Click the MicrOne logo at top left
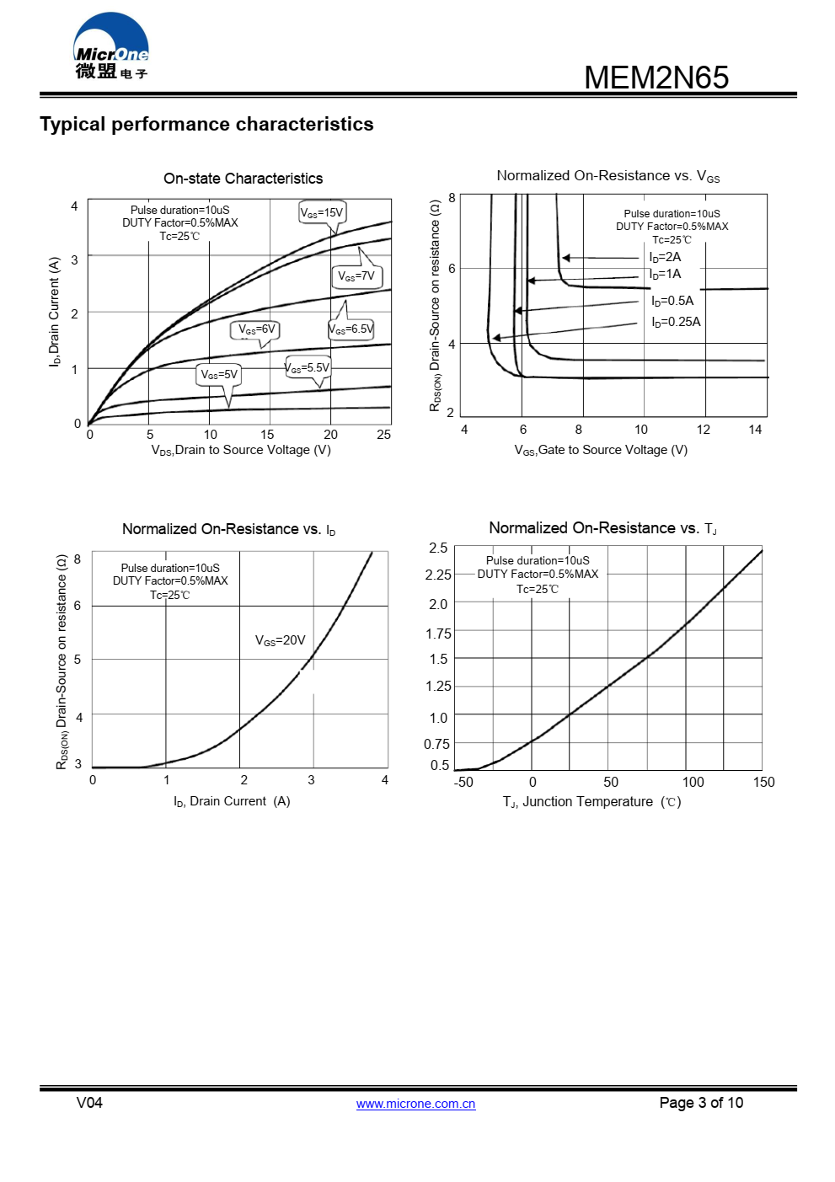coord(111,47)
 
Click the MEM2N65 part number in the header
coord(656,78)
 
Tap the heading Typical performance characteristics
coord(206,124)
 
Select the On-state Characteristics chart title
coord(243,179)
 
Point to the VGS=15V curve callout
coord(322,212)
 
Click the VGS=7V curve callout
coord(356,276)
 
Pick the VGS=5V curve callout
coord(220,374)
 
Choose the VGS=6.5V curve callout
coord(351,329)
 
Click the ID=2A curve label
coord(665,257)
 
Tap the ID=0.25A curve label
coord(676,322)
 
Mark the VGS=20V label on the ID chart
coord(280,640)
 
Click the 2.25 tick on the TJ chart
coord(438,575)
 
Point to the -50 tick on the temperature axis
coord(463,782)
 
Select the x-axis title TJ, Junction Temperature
coord(591,802)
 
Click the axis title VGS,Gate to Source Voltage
coord(601,450)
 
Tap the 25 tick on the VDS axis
coord(383,435)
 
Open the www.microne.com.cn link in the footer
coord(415,1104)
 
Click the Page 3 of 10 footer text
coord(701,1103)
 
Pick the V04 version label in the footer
coord(89,1103)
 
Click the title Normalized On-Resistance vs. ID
coord(228,529)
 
